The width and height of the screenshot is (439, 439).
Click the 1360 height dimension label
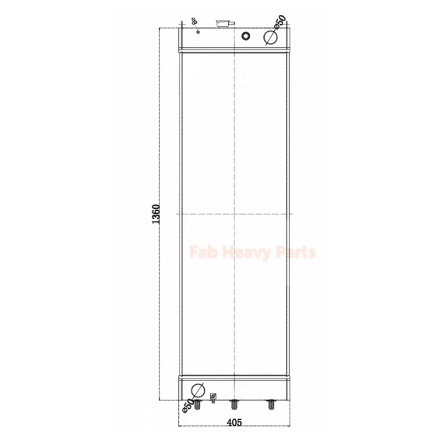point(156,214)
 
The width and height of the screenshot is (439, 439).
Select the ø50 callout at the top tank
point(280,22)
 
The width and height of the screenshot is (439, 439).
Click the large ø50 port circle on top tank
point(269,37)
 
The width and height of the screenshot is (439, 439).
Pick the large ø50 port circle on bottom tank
point(198,388)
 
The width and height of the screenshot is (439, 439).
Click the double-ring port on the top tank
point(245,36)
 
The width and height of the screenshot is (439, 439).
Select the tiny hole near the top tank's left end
point(198,31)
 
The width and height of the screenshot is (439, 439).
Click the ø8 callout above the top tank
point(194,21)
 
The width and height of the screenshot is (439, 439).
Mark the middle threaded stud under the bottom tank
point(234,404)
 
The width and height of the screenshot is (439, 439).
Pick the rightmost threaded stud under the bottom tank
point(270,404)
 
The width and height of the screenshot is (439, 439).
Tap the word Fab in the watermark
point(200,252)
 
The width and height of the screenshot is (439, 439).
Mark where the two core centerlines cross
point(234,213)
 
